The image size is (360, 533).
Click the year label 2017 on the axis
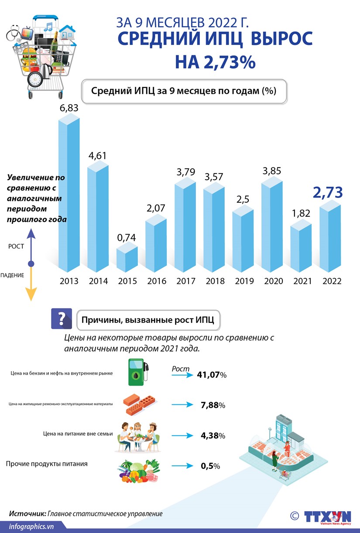pyautogui.click(x=185, y=281)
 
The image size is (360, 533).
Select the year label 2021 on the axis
pyautogui.click(x=302, y=281)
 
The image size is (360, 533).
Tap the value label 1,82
pyautogui.click(x=301, y=214)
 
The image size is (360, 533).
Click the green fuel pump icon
pyautogui.click(x=139, y=372)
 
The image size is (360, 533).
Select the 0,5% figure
pyautogui.click(x=210, y=466)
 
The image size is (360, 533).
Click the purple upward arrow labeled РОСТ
pyautogui.click(x=31, y=244)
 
